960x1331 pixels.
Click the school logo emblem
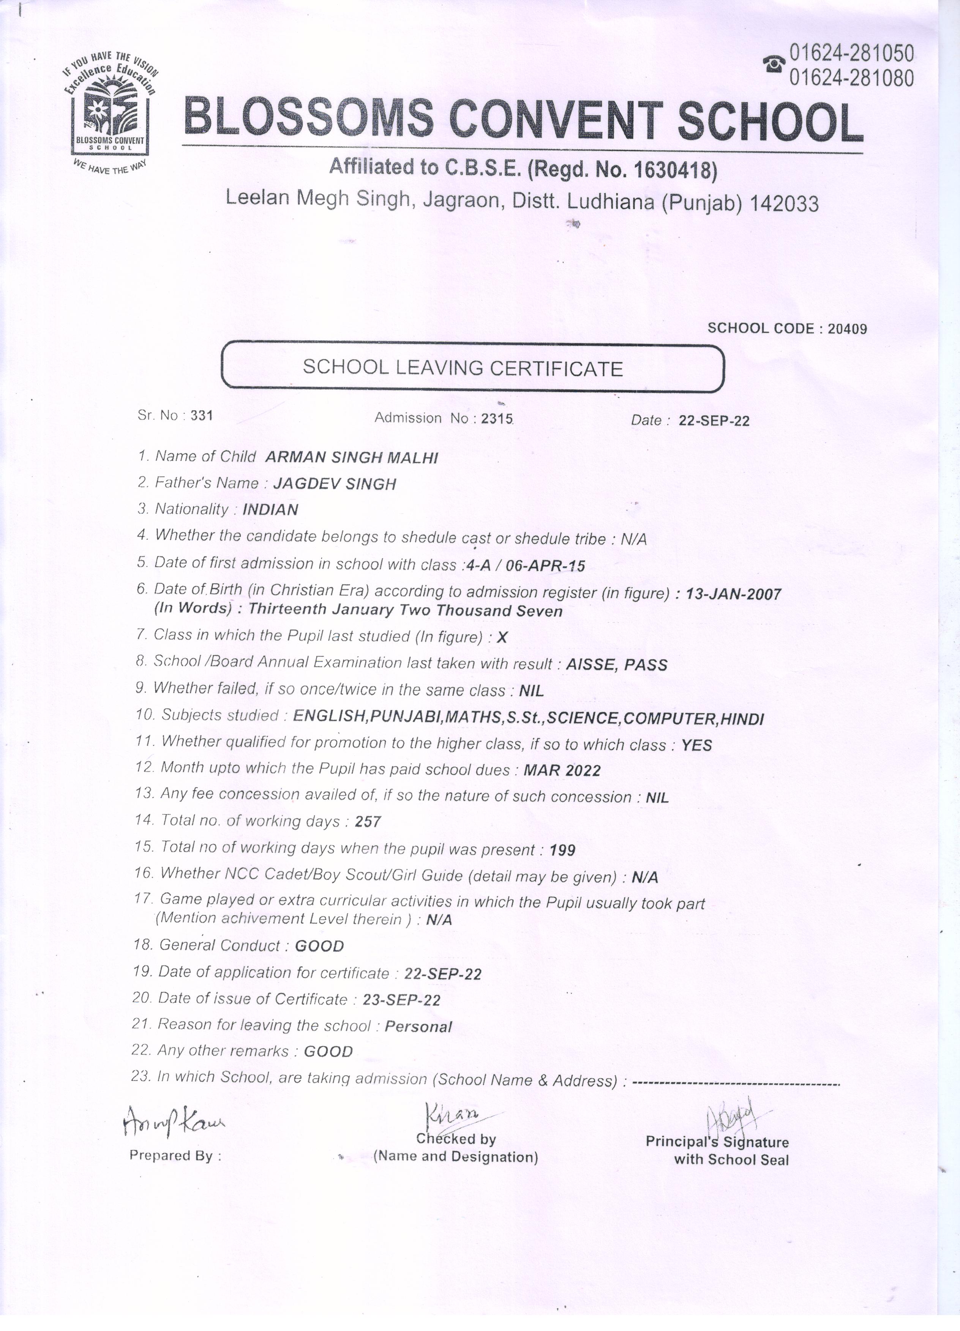point(110,112)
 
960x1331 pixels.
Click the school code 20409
point(847,329)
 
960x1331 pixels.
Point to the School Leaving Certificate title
point(463,368)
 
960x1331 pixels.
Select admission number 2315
point(497,419)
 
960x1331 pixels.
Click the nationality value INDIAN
point(270,509)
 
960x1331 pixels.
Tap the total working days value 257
point(368,822)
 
